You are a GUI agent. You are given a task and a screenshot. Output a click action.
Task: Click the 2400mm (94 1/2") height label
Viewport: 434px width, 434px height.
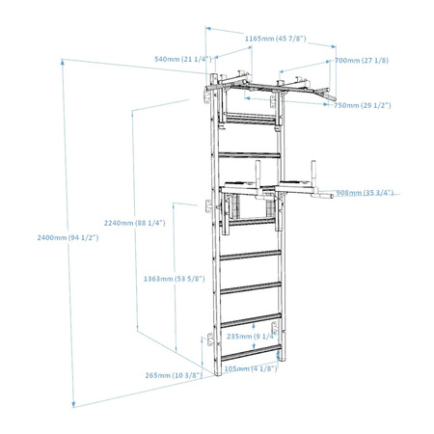pos(68,238)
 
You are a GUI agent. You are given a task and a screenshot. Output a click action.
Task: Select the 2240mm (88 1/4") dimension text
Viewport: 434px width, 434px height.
pos(134,223)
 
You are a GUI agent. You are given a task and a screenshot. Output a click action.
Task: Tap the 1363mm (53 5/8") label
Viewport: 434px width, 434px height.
pos(174,279)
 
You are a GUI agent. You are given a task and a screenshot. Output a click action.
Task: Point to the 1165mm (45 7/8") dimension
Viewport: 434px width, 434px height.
pos(276,39)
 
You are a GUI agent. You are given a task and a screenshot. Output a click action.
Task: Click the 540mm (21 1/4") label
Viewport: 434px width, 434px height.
pos(183,59)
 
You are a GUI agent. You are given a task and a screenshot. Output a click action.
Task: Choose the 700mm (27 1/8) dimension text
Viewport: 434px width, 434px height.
pos(362,61)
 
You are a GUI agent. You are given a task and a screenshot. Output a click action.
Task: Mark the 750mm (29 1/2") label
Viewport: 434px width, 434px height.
pos(363,105)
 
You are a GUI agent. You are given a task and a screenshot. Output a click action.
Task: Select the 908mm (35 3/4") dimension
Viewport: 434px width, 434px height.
pos(365,193)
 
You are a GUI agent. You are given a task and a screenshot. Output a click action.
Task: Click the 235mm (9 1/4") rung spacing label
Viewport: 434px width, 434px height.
pos(252,337)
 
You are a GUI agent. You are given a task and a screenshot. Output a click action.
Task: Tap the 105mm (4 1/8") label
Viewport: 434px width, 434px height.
pos(251,368)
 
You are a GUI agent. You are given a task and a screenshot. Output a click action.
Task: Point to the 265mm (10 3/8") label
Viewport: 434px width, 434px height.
pos(174,375)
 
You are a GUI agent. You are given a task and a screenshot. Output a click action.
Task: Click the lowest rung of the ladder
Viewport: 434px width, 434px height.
pos(251,352)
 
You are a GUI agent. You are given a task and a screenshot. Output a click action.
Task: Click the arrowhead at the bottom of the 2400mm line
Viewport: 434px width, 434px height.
pos(73,404)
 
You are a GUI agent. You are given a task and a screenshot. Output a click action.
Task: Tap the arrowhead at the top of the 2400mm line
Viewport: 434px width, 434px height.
pos(63,62)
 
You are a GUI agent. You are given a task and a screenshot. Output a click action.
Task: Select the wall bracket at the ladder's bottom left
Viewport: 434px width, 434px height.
pos(210,339)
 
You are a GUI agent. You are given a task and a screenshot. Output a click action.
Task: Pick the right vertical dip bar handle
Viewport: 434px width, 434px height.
pos(313,173)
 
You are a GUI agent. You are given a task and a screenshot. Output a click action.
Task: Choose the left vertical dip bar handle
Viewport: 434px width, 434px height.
pos(258,174)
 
